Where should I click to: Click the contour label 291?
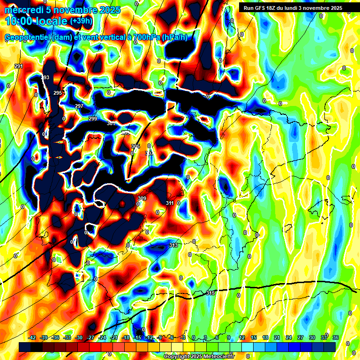click(19, 66)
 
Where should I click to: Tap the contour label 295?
click(58, 93)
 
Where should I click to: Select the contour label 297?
click(79, 106)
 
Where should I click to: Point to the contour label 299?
click(93, 119)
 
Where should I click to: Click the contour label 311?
click(170, 203)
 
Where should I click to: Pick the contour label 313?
click(173, 245)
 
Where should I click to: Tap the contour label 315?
click(210, 293)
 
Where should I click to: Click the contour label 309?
click(142, 199)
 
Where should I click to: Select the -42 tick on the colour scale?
click(32, 337)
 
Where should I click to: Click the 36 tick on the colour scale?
click(335, 337)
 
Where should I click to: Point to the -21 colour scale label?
click(114, 337)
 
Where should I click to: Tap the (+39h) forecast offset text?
click(81, 21)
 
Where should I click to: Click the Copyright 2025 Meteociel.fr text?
click(199, 356)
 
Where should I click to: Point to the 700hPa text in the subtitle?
click(144, 37)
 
